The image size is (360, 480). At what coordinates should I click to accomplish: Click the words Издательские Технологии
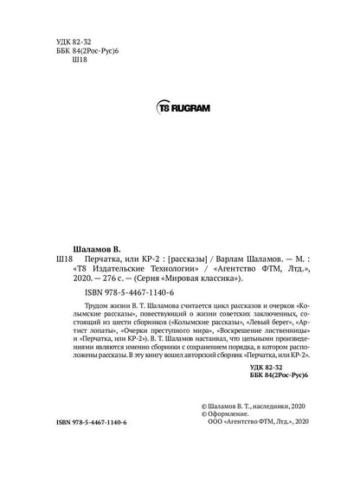click(x=130, y=269)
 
